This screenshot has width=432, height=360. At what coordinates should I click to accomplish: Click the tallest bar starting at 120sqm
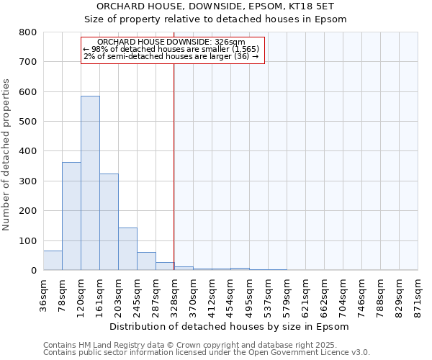[x=90, y=183]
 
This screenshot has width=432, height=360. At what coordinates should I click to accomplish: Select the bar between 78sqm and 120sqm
[x=71, y=216]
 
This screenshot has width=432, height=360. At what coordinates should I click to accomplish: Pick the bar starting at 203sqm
[x=127, y=249]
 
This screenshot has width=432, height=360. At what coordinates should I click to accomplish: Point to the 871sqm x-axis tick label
[x=418, y=294]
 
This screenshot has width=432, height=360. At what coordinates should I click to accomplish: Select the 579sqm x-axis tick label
[x=287, y=294]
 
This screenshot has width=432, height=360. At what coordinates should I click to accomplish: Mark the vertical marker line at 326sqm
[x=174, y=166]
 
